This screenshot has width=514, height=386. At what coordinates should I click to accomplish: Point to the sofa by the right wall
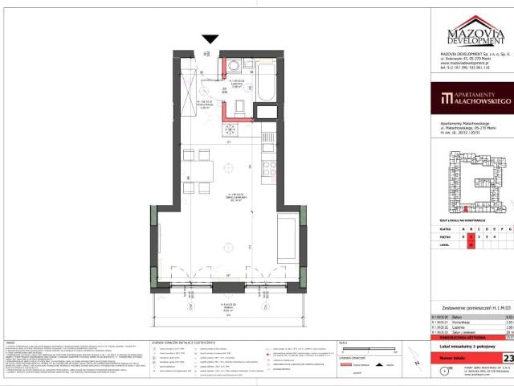(x=287, y=233)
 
